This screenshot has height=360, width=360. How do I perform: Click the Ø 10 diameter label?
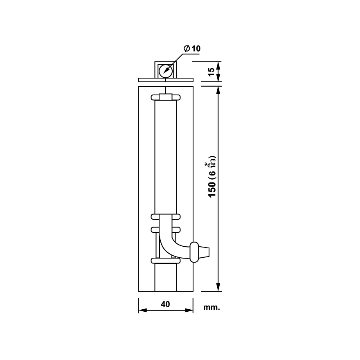click(x=192, y=48)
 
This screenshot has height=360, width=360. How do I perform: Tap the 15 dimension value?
click(x=211, y=72)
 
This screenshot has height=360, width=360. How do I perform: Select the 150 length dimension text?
click(x=212, y=190)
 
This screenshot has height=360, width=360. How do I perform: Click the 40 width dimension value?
click(x=165, y=304)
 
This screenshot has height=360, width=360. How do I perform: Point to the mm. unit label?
click(x=211, y=308)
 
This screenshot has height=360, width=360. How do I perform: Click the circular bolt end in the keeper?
click(x=166, y=71)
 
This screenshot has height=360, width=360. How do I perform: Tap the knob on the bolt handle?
click(x=194, y=252)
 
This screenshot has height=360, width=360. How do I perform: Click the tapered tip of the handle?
click(x=204, y=252)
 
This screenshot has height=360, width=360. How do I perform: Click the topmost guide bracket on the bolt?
click(x=166, y=98)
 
